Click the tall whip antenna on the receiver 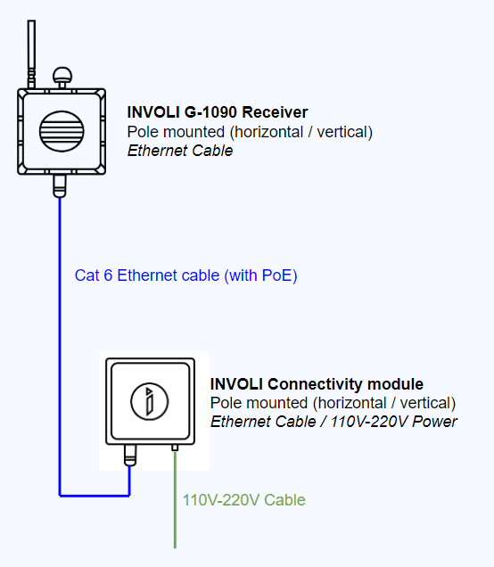click(31, 54)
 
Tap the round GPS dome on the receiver click(62, 76)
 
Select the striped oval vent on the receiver click(62, 131)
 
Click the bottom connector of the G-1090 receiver click(60, 185)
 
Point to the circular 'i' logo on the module click(149, 401)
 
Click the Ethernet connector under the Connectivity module click(130, 456)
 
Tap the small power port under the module click(175, 448)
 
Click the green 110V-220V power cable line click(175, 500)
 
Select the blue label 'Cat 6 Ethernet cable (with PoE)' click(185, 275)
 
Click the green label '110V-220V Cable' click(244, 500)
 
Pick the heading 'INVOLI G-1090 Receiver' click(218, 112)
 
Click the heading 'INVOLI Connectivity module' click(317, 384)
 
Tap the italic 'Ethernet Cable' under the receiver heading click(180, 151)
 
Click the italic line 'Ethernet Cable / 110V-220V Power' click(333, 422)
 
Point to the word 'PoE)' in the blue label click(280, 275)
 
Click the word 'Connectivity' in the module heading click(315, 384)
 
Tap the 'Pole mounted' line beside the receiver click(250, 132)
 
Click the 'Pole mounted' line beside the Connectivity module click(333, 403)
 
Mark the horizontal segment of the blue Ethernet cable click(95, 496)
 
